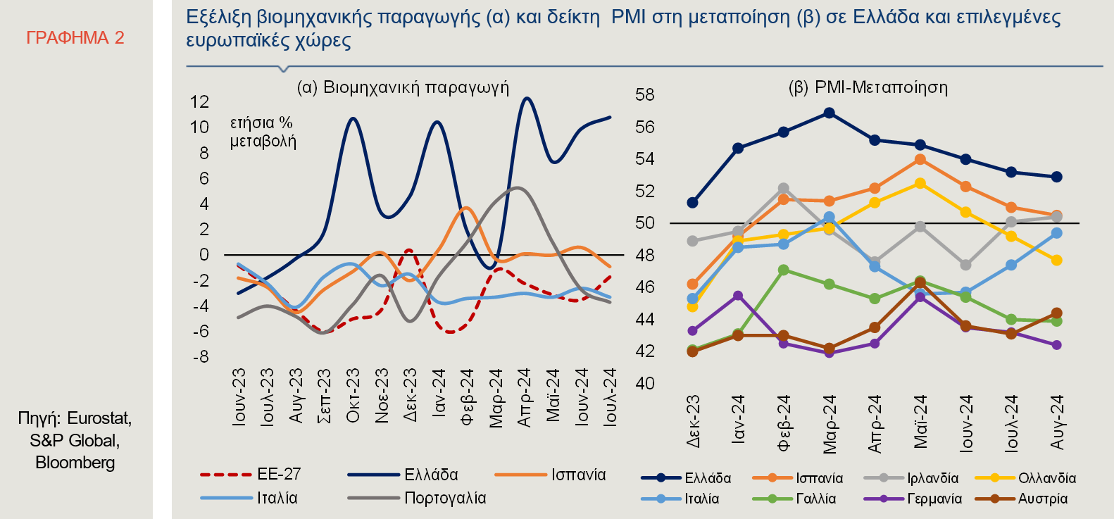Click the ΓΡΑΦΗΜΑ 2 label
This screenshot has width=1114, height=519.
coord(75,38)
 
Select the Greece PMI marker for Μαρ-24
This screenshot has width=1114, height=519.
coord(829,113)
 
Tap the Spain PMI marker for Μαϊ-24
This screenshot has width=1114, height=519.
coord(920,159)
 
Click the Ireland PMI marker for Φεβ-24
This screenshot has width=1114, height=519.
coord(783,189)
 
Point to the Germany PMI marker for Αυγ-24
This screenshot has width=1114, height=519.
coord(1056,345)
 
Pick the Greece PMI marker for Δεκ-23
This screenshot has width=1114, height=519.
coord(692,203)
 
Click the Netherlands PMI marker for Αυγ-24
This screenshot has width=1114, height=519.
coord(1056,261)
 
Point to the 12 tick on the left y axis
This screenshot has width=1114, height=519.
coord(200,102)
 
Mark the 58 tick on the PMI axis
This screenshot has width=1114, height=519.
coord(645,94)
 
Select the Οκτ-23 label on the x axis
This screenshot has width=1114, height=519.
coord(353,395)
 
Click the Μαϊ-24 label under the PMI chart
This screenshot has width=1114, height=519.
coord(920,422)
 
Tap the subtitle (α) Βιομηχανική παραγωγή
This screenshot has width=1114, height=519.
coord(403,87)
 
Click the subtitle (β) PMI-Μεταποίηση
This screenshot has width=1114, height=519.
coord(868,87)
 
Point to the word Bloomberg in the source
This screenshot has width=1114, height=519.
coord(75,463)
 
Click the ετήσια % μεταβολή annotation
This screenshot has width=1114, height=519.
coord(263,132)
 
